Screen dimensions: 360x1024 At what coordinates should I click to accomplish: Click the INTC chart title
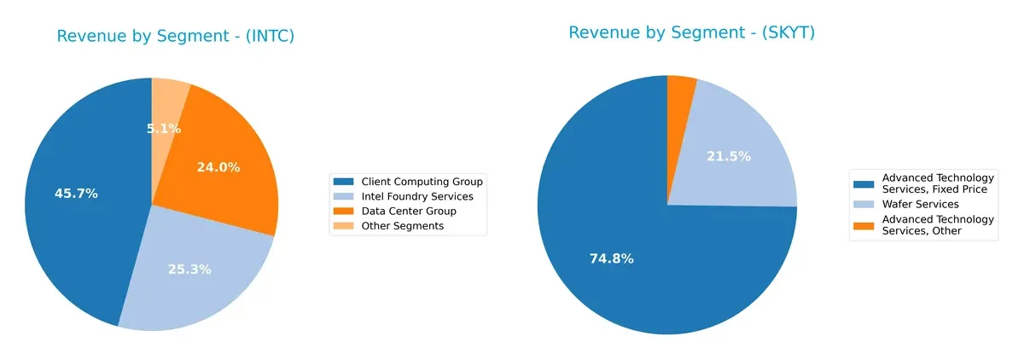coord(175,36)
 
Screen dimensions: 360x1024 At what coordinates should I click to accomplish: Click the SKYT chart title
coord(691,32)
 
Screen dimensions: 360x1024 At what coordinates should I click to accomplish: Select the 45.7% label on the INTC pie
coord(76,194)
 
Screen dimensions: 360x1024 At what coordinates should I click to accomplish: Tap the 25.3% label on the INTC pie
coord(189,270)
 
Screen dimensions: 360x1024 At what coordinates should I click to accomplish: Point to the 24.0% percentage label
coord(218,167)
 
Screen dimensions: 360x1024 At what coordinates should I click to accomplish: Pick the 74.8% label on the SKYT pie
coord(611,258)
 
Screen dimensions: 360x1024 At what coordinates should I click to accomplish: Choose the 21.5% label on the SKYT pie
coord(729,156)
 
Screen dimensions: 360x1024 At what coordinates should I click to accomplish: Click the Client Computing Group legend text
coord(422,182)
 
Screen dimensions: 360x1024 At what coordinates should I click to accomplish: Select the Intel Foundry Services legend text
coord(416,196)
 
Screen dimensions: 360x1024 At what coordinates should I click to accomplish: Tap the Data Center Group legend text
coord(409,211)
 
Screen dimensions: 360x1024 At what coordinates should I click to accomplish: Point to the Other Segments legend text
coord(402,226)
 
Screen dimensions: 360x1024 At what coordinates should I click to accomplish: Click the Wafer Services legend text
coord(920,204)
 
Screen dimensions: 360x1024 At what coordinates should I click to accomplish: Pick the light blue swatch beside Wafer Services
coord(864,204)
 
